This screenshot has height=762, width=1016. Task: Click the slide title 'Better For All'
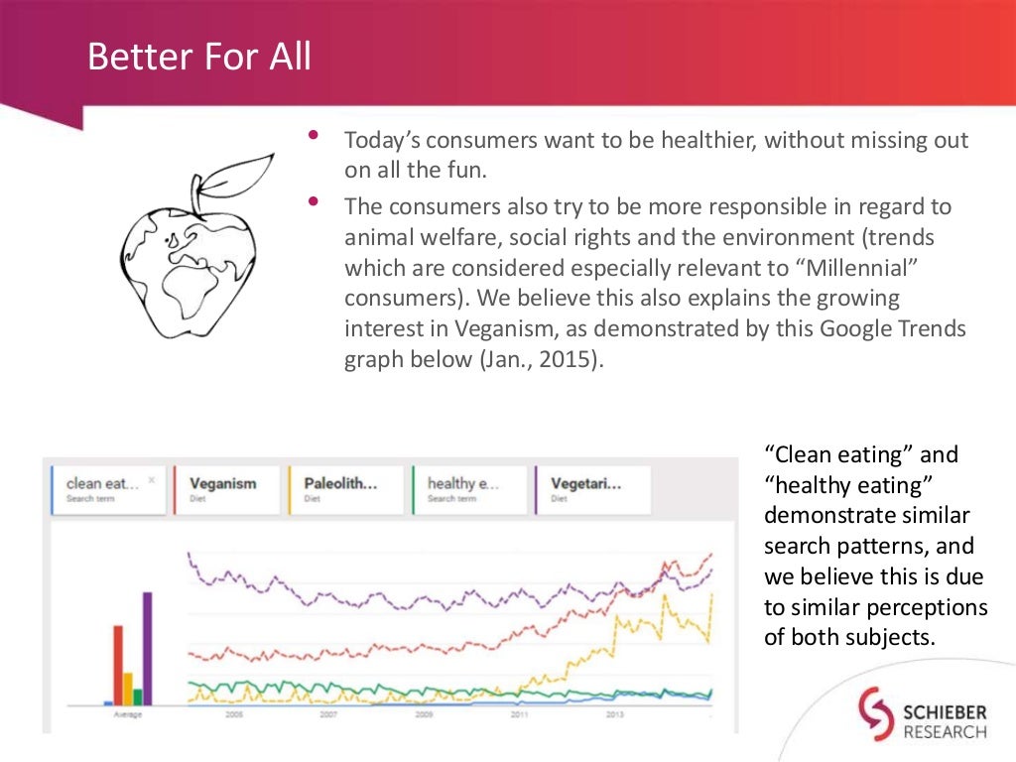(198, 57)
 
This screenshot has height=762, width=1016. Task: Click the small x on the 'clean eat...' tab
(152, 479)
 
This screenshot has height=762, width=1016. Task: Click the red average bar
(118, 665)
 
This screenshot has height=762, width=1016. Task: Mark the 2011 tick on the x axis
(518, 713)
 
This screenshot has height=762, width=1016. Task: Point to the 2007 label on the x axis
(328, 713)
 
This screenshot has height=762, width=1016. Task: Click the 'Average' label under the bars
(127, 713)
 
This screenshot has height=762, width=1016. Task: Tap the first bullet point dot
(315, 134)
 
